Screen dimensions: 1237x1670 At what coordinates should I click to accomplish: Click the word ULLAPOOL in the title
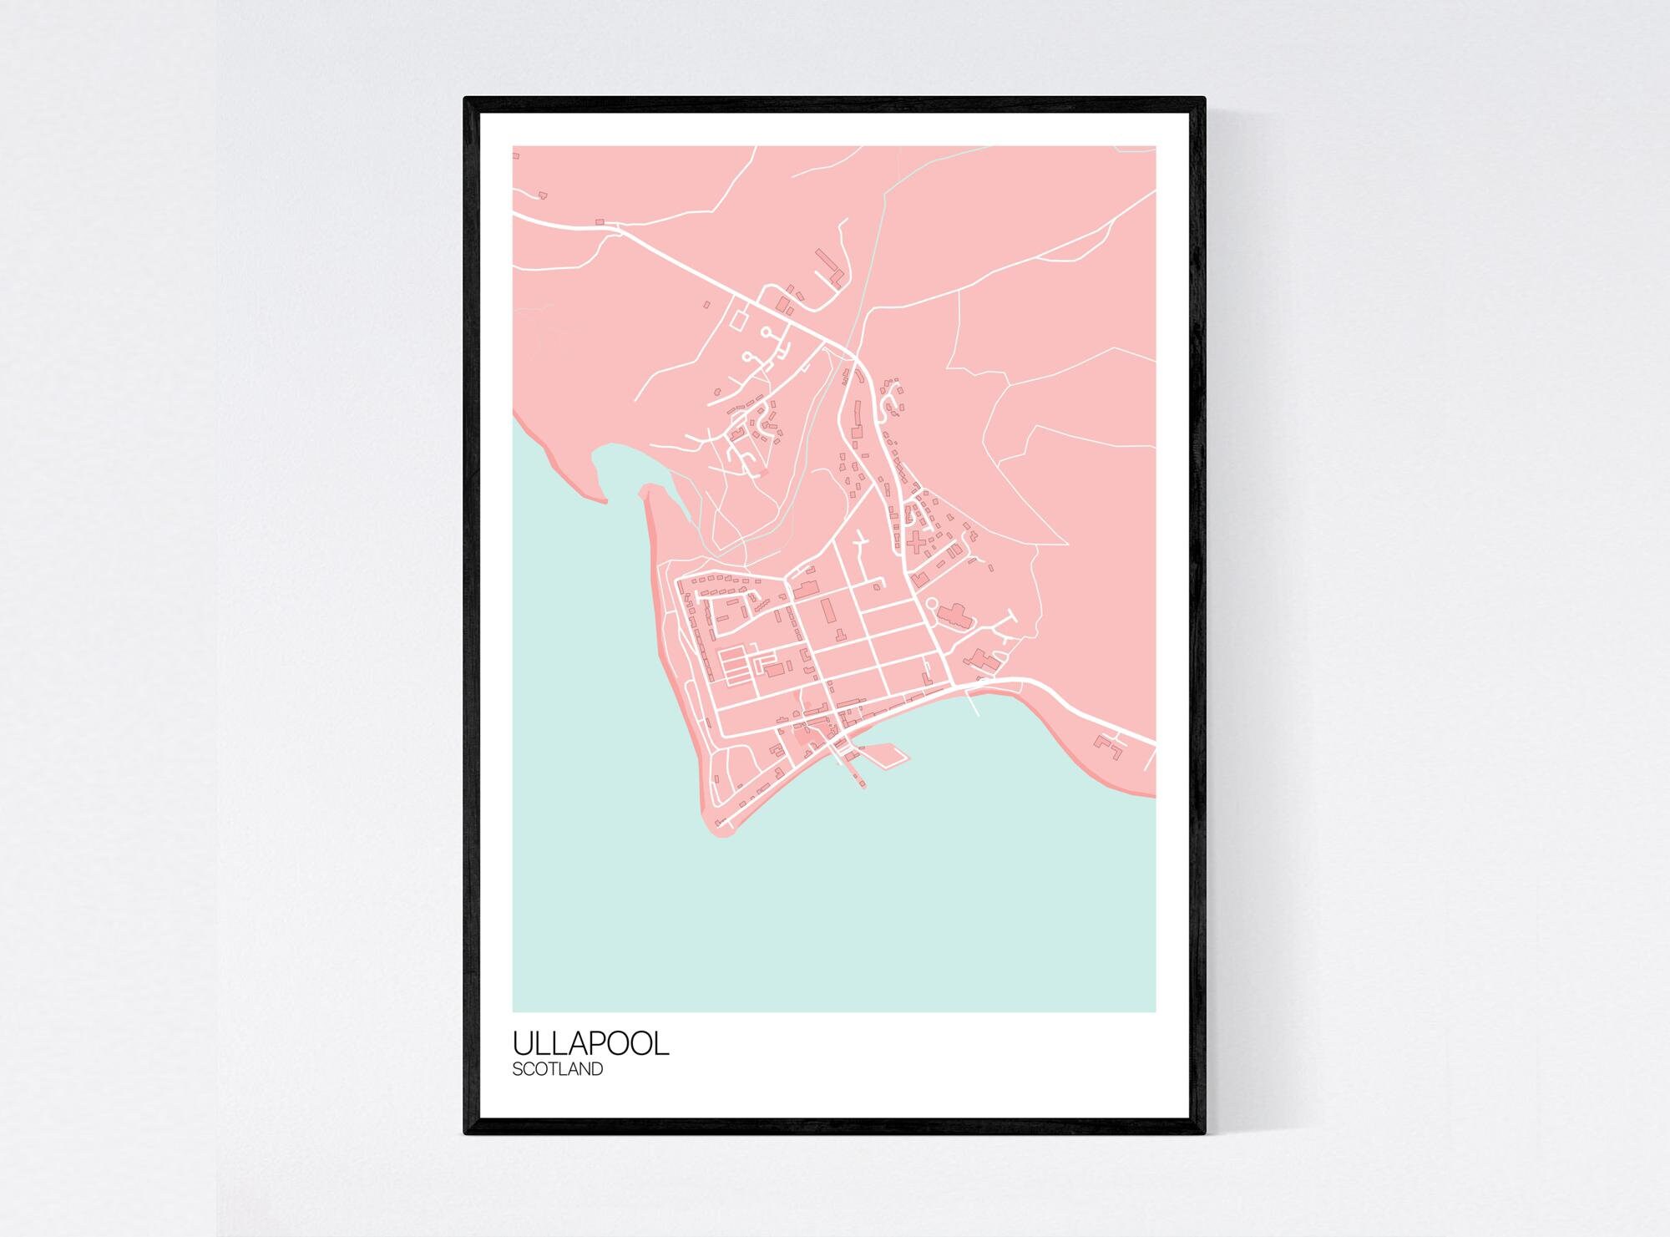[x=590, y=1044]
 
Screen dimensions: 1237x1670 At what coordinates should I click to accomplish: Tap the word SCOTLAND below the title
[x=557, y=1069]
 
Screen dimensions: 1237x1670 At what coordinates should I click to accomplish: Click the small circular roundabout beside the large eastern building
[x=932, y=602]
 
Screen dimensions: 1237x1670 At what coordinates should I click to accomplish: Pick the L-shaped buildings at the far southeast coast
[x=1110, y=743]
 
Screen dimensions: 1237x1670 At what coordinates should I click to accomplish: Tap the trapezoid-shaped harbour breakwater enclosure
[x=887, y=755]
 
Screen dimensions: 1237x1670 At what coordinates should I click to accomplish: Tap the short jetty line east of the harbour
[x=973, y=707]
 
